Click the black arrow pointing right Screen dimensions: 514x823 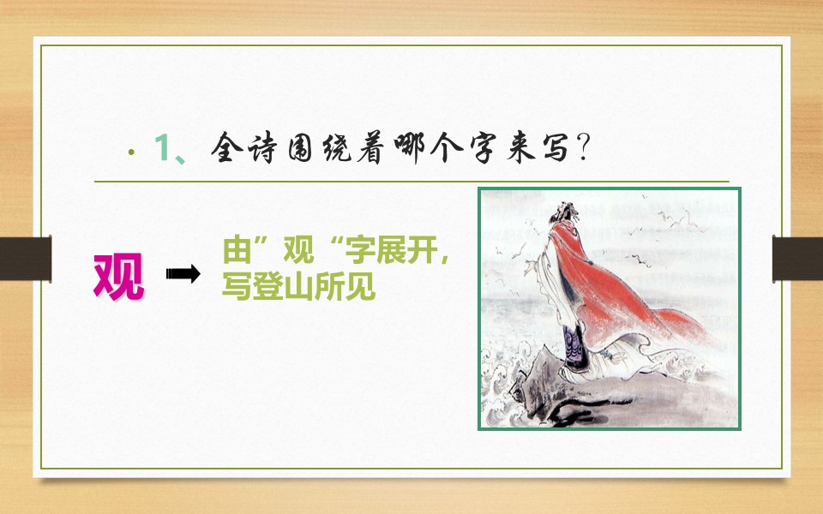pyautogui.click(x=183, y=274)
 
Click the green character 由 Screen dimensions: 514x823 pyautogui.click(x=235, y=253)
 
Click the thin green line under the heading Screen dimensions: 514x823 pyautogui.click(x=411, y=182)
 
